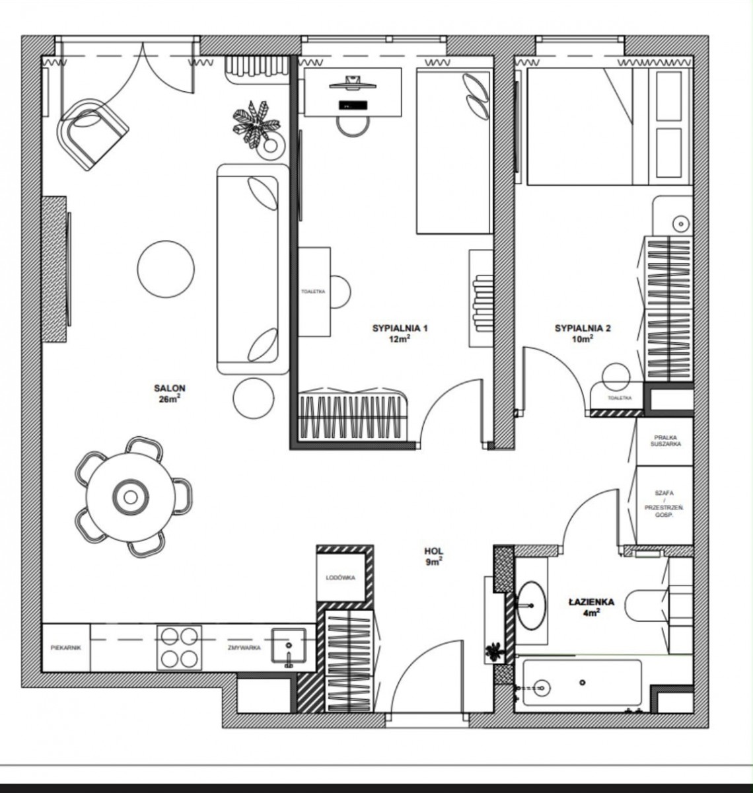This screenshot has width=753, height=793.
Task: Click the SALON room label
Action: tap(169, 388)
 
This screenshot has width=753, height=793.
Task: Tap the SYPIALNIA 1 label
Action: tap(400, 328)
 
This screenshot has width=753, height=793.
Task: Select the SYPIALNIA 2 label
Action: tap(583, 328)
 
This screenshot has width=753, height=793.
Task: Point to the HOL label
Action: tap(433, 551)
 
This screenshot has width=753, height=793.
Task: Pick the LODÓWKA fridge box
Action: tap(341, 578)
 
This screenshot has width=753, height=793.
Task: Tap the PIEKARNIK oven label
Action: tap(66, 648)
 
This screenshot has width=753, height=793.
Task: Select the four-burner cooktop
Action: tap(179, 648)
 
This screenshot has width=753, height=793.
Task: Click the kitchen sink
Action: tap(288, 646)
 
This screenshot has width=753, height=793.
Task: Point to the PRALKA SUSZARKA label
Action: tap(665, 441)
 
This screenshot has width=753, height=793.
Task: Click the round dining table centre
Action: tap(130, 497)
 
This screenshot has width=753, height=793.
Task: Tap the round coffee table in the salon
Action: tap(166, 269)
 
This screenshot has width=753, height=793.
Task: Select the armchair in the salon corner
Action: tap(93, 134)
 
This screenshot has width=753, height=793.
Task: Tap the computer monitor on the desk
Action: tap(353, 83)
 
